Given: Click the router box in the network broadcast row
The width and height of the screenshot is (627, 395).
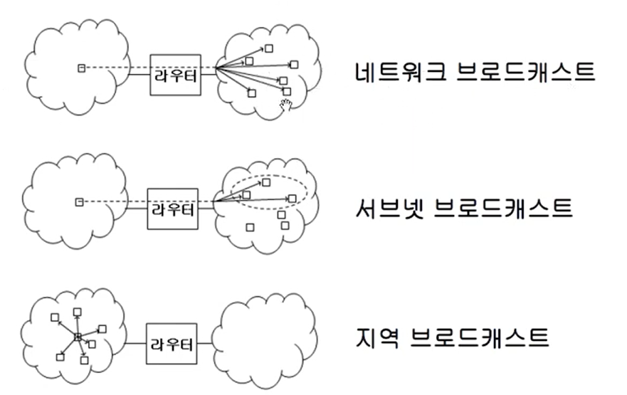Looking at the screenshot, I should [x=175, y=75].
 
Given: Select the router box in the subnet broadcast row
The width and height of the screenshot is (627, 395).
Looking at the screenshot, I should [x=173, y=209].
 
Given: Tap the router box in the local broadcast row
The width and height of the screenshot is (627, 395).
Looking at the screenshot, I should [x=171, y=345].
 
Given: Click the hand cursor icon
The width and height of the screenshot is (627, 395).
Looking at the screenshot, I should [x=286, y=106].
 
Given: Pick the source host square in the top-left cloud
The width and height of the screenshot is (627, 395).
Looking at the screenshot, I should [x=80, y=68].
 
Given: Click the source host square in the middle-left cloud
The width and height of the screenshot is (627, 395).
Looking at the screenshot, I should [x=80, y=202].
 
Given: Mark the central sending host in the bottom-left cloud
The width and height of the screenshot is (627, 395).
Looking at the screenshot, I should [x=78, y=336].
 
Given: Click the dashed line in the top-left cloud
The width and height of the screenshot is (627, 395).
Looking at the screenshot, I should [x=107, y=68].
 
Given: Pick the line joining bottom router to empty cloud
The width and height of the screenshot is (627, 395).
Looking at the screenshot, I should [x=205, y=345].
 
